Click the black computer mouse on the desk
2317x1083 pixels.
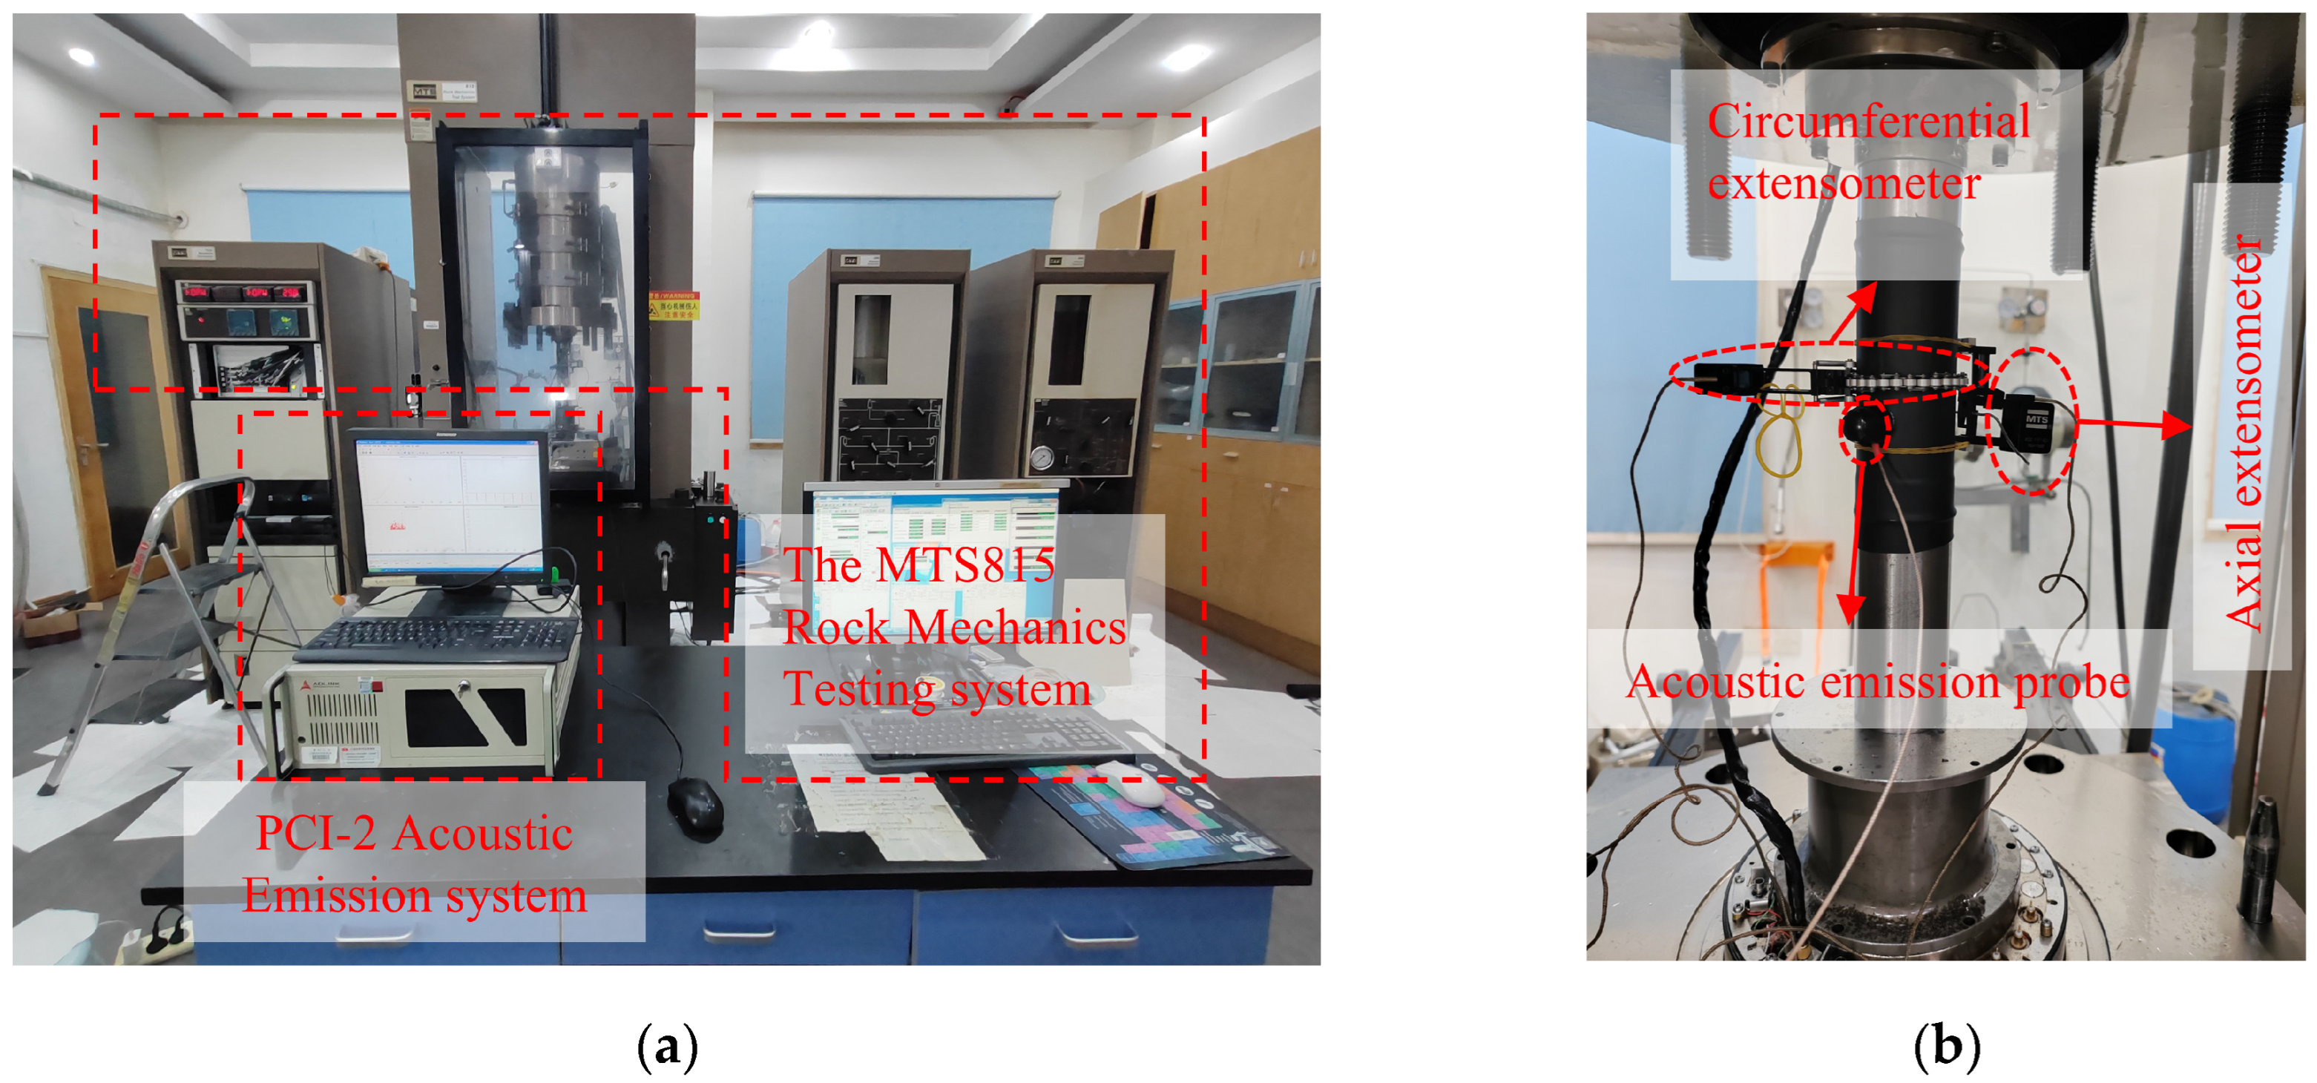click(x=694, y=807)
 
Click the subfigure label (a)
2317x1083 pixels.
click(x=666, y=1047)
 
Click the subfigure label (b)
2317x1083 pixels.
click(x=1948, y=1047)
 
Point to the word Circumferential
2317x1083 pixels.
click(x=1868, y=122)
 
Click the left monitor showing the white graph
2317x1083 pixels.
click(x=450, y=509)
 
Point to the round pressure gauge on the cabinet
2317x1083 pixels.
click(x=1042, y=458)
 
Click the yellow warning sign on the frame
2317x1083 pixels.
click(x=674, y=305)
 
